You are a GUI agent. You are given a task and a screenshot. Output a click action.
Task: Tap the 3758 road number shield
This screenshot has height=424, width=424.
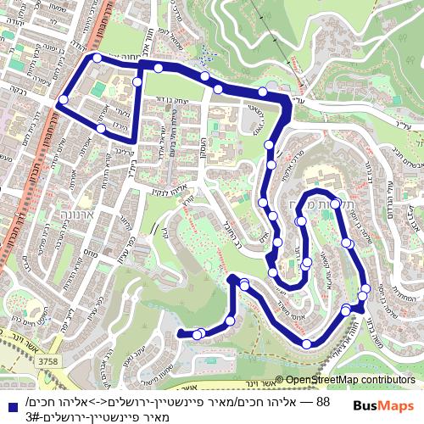(x=48, y=361)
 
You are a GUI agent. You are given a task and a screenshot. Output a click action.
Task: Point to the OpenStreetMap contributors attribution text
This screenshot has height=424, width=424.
(x=349, y=380)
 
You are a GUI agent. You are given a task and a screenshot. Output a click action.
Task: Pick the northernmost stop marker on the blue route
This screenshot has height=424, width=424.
(x=98, y=58)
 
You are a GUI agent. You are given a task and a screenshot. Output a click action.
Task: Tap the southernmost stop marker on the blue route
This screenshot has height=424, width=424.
(x=306, y=343)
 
